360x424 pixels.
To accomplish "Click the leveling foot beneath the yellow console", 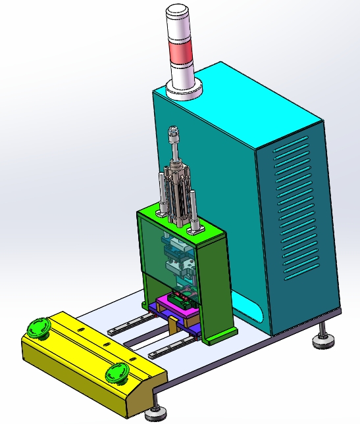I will point(156,413).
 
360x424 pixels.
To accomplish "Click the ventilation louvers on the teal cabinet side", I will point(295,210).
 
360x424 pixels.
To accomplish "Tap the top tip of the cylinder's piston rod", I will point(173,131).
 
